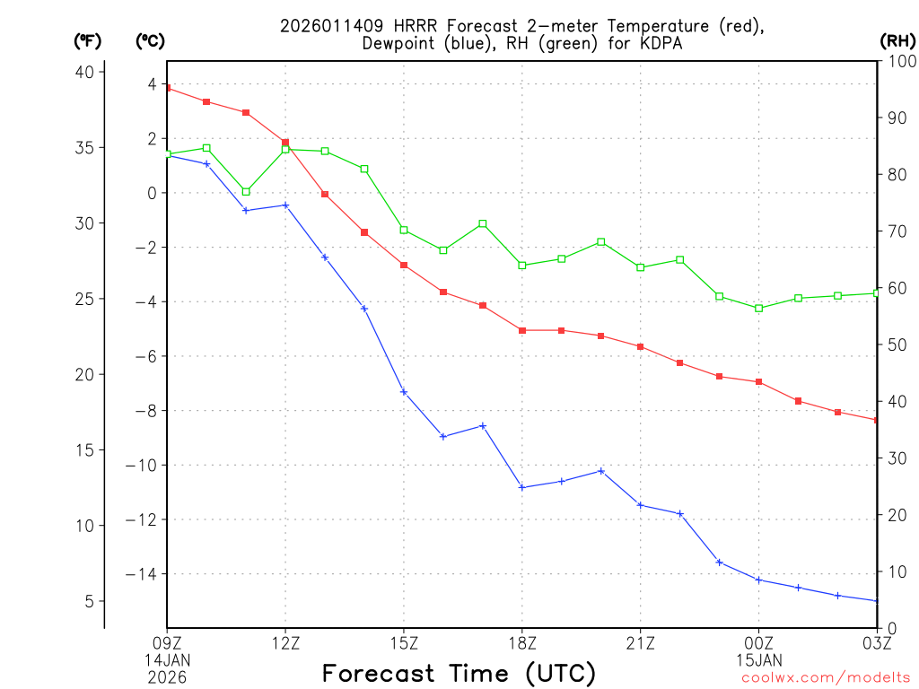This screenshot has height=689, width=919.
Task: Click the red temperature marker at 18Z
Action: point(522,330)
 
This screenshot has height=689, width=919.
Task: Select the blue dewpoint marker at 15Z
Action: point(404,391)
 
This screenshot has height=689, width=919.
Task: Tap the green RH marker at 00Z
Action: point(759,309)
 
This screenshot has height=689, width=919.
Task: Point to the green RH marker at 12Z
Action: point(285,149)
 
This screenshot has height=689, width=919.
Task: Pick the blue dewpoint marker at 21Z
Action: point(641,505)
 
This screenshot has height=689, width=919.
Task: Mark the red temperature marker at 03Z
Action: point(876,420)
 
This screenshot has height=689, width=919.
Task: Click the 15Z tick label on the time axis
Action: point(404,643)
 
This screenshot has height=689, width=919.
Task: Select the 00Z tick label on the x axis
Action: point(759,643)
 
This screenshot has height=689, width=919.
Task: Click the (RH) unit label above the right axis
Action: point(897,40)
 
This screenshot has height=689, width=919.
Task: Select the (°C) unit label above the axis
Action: point(149,40)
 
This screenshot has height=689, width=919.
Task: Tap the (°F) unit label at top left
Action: point(87,40)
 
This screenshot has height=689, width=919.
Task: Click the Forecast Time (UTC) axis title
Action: point(459,673)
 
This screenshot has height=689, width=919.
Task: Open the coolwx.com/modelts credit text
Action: point(826,678)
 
